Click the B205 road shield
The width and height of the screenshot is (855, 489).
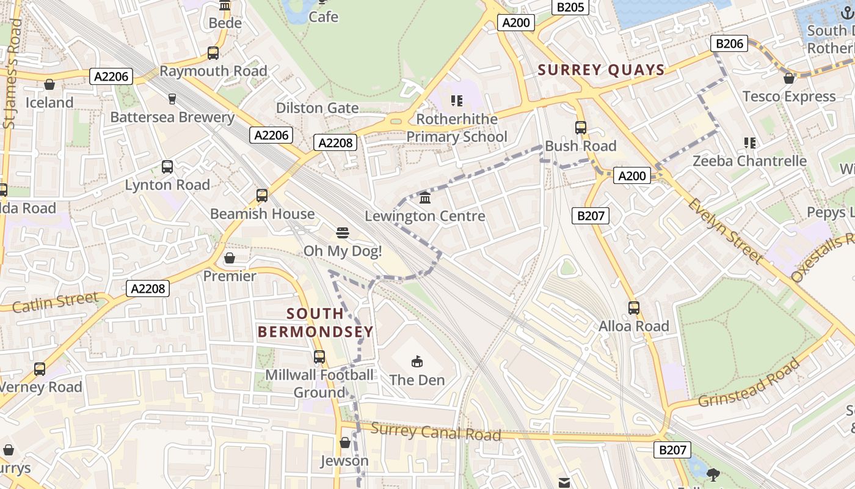coord(570,7)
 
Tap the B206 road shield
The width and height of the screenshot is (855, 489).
coord(729,43)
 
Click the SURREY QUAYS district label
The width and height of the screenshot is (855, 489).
coord(601,70)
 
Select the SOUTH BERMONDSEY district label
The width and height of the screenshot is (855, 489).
coord(315,323)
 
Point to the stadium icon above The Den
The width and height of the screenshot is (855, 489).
coord(417,361)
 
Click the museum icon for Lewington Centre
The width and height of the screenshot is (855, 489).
coord(425,197)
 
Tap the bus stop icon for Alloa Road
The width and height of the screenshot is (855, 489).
coord(634,307)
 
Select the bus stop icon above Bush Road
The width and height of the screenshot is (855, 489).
coord(580,128)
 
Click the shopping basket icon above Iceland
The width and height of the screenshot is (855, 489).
coord(49,84)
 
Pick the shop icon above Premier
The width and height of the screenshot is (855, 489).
coord(230,258)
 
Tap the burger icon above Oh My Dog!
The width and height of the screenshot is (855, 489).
coord(342,232)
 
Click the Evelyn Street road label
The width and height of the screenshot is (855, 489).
coord(726,231)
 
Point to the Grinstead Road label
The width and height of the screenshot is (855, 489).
coord(749,383)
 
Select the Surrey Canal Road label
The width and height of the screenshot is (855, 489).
coord(436,432)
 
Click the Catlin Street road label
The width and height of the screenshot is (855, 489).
coord(55,302)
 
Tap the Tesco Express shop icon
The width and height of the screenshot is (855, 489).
coord(789,78)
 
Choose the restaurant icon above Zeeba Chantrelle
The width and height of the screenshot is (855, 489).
coord(749,143)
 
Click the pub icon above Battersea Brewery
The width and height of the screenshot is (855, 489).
coord(172,98)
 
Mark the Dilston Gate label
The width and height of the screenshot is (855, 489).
coord(317,108)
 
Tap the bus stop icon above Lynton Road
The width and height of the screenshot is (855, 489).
coord(167,166)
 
